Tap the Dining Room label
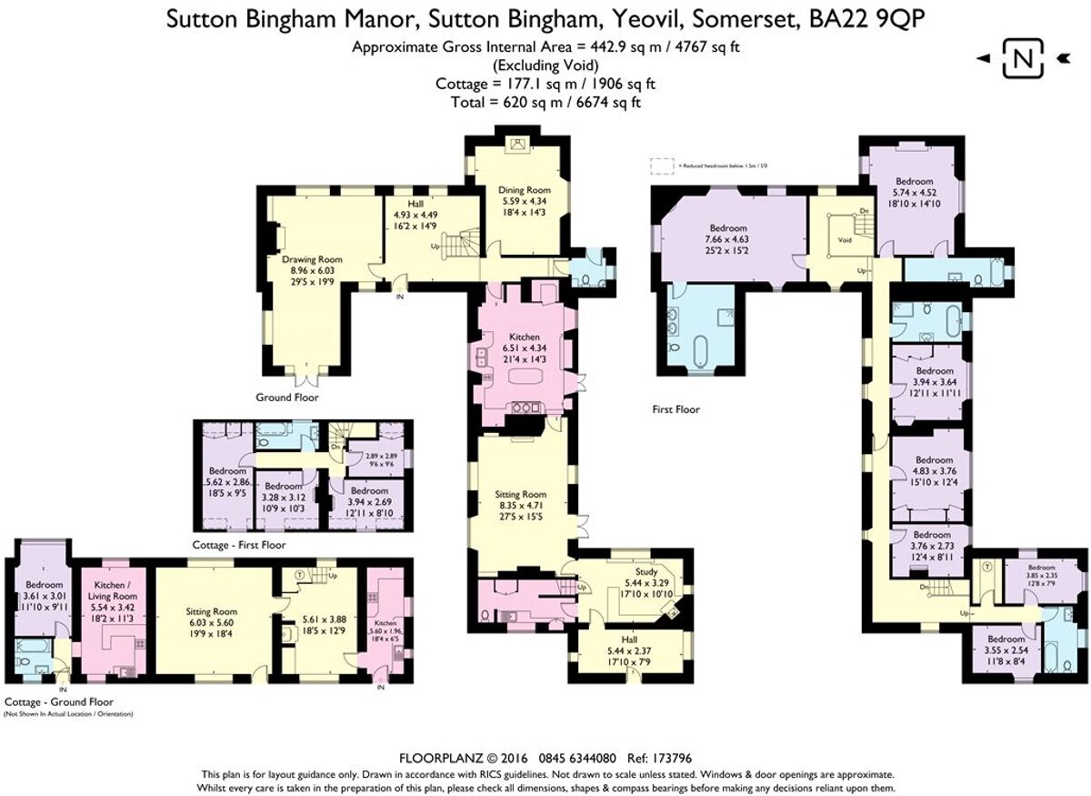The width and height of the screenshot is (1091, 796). (524, 190)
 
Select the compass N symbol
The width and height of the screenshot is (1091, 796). (1022, 60)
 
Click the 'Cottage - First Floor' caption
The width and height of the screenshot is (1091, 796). (239, 545)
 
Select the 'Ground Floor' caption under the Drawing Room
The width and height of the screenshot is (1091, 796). (287, 398)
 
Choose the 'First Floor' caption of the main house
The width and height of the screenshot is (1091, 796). (676, 409)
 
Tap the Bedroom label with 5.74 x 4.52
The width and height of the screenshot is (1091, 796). (913, 181)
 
